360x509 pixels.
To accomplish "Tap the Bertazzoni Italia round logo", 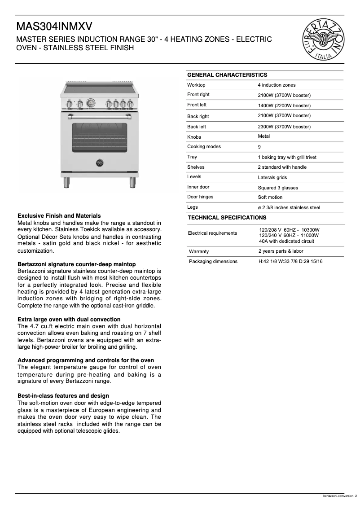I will [x=325, y=39].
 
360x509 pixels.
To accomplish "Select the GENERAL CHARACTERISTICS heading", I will [x=227, y=75].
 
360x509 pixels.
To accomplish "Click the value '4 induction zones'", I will [x=277, y=85].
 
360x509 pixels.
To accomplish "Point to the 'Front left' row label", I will [x=197, y=105].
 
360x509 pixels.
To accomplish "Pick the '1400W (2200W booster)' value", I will [x=284, y=105].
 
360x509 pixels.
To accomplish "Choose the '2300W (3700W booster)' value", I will [x=284, y=127].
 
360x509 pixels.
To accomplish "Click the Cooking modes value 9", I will [x=259, y=147].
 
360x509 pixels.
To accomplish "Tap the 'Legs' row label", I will [x=192, y=207].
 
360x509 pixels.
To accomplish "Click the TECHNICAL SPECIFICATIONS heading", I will [x=227, y=218].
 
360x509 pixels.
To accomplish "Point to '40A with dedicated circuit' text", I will [x=286, y=241].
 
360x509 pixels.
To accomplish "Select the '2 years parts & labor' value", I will [x=281, y=251].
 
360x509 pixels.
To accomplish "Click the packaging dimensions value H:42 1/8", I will [x=290, y=261].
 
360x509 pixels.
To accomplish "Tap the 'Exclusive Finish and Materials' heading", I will [x=59, y=216].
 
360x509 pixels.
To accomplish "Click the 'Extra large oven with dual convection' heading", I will [x=69, y=320].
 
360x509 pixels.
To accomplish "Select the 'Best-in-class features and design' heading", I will [x=63, y=396].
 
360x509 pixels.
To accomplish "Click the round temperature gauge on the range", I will [x=91, y=103].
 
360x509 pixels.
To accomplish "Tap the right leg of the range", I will [x=133, y=182].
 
